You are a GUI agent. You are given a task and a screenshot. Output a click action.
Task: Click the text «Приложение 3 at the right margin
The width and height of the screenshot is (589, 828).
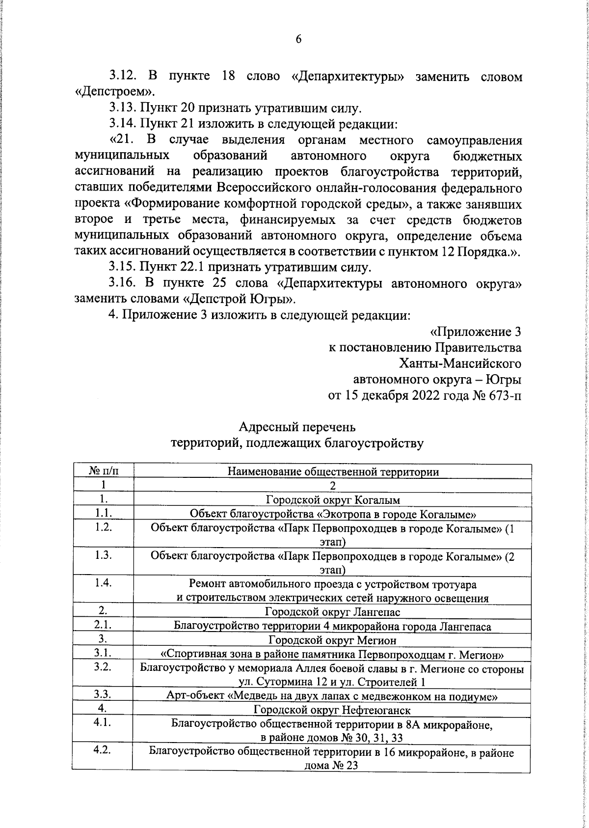(475, 331)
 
